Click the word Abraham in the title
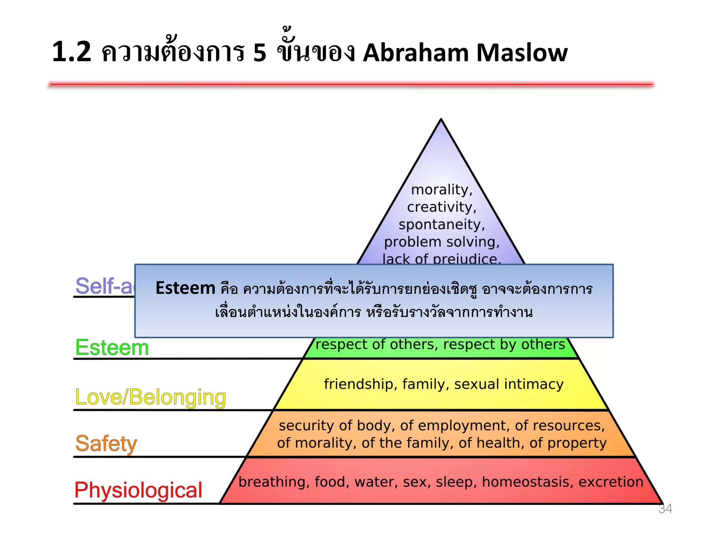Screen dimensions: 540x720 coord(416,53)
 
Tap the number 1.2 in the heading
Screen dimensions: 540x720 coord(72,52)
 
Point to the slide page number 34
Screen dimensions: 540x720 coord(665,508)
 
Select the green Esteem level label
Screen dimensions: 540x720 coord(112,347)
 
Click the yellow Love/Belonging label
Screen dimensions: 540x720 coord(150,397)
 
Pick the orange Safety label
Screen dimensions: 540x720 coord(106,443)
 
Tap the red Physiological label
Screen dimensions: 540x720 coord(138,490)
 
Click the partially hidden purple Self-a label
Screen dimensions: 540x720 coord(104,285)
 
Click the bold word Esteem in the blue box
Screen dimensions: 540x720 coord(185,288)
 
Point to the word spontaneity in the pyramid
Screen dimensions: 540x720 coord(442,224)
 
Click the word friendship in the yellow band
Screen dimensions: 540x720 coord(360,384)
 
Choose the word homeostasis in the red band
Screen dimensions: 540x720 coord(527,482)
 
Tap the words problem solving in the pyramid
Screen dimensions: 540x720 coord(442,242)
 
